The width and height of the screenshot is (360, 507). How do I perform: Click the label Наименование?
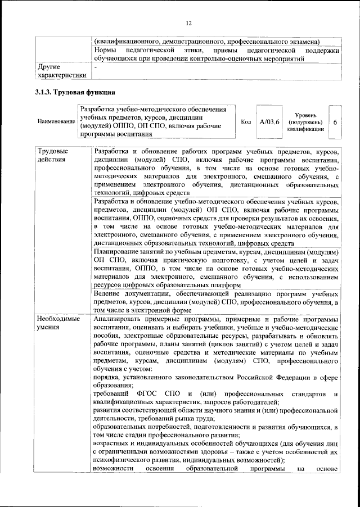56,121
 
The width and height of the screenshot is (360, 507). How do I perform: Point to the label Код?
246,121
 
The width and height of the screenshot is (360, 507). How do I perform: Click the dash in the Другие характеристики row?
96,67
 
